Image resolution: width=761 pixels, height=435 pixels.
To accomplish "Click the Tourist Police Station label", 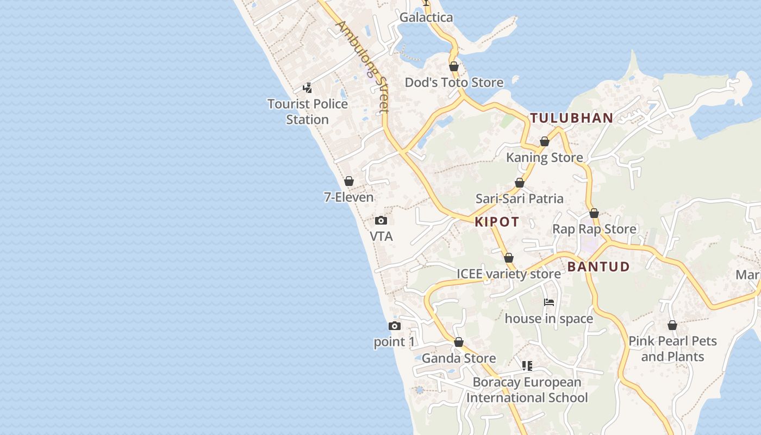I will [308, 111].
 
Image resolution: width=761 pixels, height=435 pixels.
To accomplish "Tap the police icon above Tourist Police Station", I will [307, 88].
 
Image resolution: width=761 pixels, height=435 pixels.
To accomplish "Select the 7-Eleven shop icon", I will [349, 181].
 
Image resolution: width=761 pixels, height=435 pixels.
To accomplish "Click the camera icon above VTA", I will [381, 220].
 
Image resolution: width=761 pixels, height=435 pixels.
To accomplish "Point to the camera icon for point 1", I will [395, 326].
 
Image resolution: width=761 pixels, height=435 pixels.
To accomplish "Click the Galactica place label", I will [426, 17].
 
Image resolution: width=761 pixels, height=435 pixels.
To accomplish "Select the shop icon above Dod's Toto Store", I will [454, 66].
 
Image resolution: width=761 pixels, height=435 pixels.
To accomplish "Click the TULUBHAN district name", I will [572, 118].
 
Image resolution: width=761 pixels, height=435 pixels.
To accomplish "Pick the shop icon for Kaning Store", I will [545, 142].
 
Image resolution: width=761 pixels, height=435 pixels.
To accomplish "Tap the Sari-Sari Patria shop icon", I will [520, 183].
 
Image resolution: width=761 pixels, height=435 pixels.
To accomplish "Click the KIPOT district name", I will [497, 222].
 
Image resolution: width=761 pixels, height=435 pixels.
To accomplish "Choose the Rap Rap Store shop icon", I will [594, 213].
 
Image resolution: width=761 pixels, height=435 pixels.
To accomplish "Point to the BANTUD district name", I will [598, 267].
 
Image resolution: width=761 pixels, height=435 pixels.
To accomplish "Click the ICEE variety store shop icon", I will [509, 258].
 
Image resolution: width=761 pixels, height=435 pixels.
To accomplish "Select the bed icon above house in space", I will [549, 302].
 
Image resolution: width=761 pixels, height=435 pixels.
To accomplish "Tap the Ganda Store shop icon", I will [459, 343].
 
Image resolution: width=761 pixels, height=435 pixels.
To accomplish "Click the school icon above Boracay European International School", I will [527, 366].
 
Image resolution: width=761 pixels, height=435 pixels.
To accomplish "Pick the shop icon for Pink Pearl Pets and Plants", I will [672, 325].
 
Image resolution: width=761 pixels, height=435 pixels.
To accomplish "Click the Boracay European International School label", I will [527, 390].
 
